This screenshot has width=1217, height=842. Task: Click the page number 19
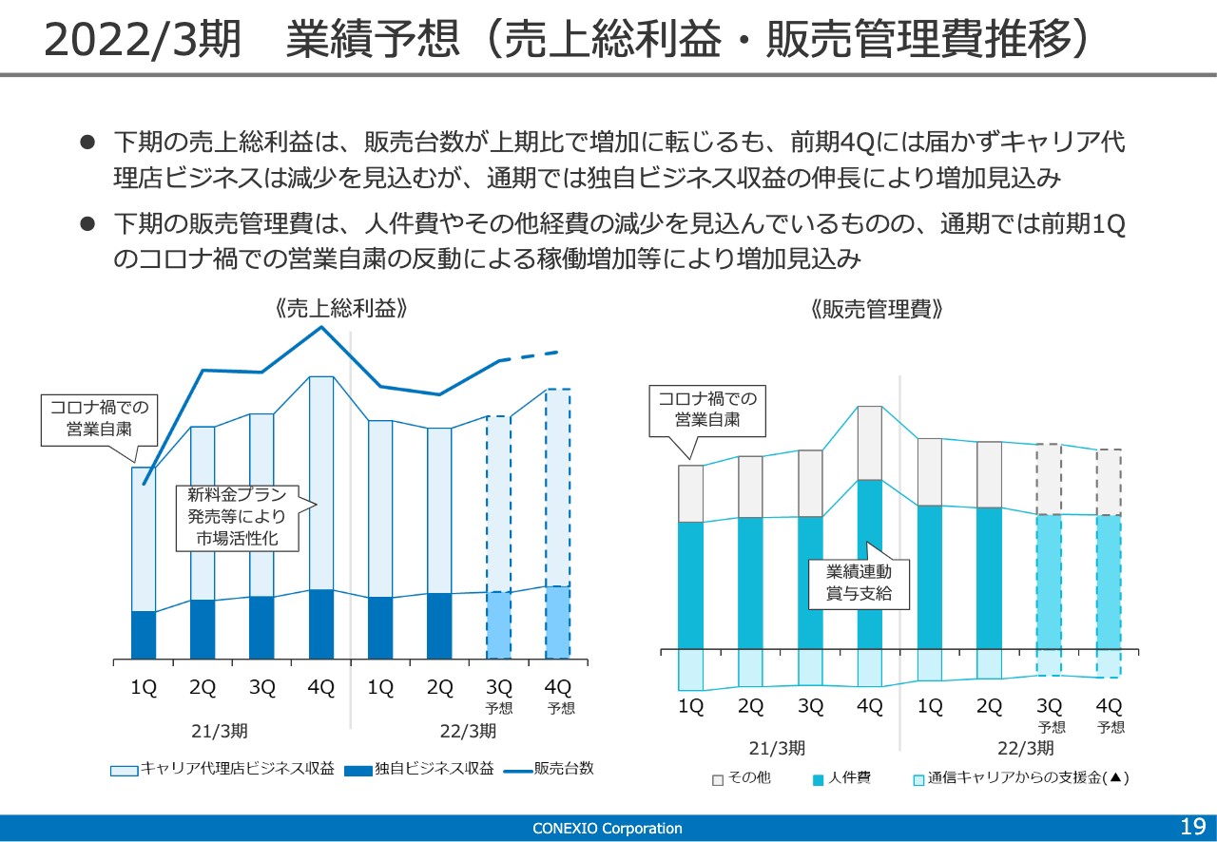point(1193,826)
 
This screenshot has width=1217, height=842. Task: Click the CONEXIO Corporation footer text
point(607,829)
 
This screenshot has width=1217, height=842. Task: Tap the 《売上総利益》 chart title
point(341,309)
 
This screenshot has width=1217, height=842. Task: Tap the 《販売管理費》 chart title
point(877,309)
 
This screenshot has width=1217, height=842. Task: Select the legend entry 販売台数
point(549,769)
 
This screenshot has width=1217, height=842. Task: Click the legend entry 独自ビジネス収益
point(419,769)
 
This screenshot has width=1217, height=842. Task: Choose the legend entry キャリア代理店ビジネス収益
point(222,769)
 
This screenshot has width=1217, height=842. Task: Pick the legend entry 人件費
point(841,778)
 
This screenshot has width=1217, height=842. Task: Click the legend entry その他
point(742,778)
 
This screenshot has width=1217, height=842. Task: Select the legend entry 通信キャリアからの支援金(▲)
point(1021,778)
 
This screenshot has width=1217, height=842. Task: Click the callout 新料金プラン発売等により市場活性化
point(238,518)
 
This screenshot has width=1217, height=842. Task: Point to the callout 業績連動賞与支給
point(859,584)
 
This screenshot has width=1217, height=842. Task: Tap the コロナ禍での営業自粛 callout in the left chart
point(100,420)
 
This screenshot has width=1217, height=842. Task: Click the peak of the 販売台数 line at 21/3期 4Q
point(321,327)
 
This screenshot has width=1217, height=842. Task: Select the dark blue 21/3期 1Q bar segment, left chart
point(144,635)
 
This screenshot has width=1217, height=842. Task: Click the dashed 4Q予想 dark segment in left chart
point(558,622)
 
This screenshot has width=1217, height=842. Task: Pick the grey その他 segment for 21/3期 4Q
point(870,443)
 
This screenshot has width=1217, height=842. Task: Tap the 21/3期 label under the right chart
point(777,749)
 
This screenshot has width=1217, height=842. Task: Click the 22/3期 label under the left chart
point(469,731)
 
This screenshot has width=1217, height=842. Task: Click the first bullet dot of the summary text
point(87,143)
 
